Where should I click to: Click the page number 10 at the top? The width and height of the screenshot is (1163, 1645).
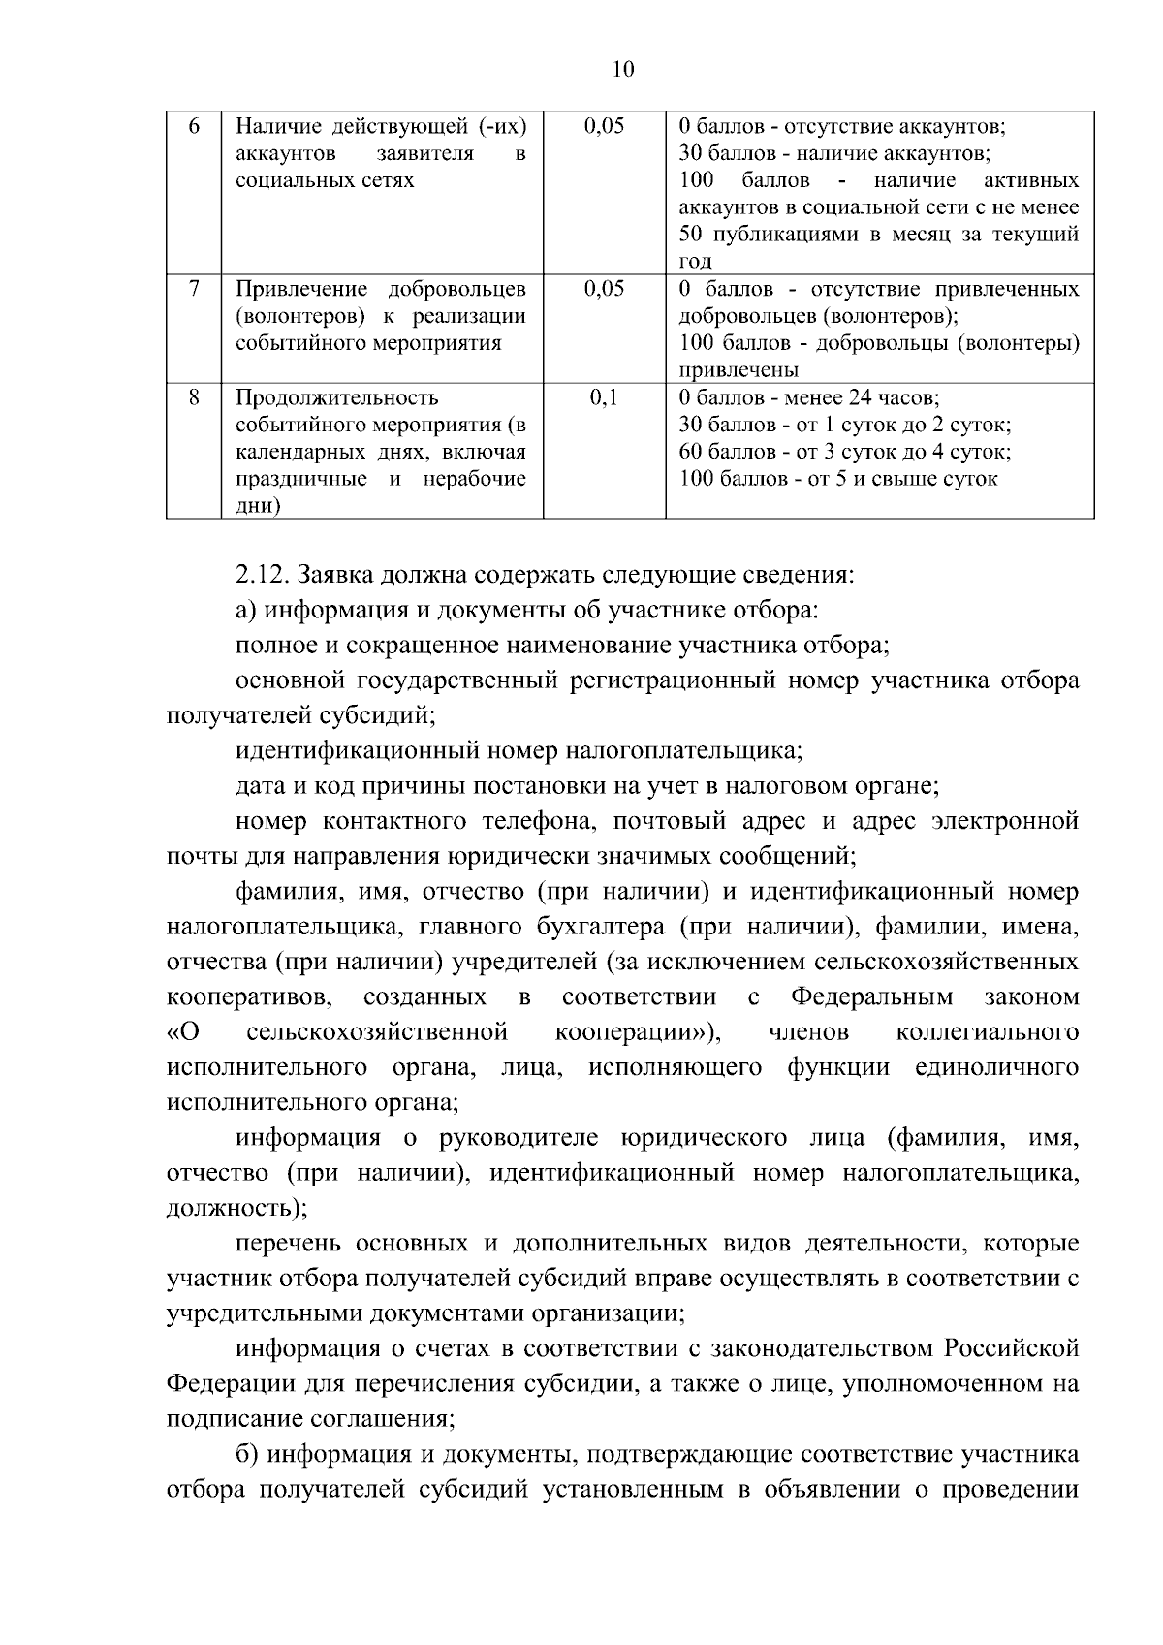[623, 69]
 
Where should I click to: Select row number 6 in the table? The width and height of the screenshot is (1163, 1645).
[193, 127]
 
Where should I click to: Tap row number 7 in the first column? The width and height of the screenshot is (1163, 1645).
[194, 289]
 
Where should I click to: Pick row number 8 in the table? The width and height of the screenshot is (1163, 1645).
[194, 397]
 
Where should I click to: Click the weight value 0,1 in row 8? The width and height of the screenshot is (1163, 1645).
[604, 397]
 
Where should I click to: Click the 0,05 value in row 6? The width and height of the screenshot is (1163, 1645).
[604, 127]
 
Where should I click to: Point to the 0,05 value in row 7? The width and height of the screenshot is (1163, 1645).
[604, 289]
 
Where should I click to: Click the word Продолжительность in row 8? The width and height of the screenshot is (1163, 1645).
[337, 398]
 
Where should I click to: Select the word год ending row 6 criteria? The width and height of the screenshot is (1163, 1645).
[696, 261]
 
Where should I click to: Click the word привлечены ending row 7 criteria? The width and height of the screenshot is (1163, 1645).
[739, 370]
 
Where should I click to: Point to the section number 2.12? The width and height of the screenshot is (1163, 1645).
[263, 575]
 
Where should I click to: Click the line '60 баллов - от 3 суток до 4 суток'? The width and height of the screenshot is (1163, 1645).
[845, 452]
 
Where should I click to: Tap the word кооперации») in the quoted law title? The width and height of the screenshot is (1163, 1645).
[637, 1032]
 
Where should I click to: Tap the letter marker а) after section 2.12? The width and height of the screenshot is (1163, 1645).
[247, 610]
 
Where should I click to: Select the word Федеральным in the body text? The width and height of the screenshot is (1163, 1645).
[871, 997]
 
